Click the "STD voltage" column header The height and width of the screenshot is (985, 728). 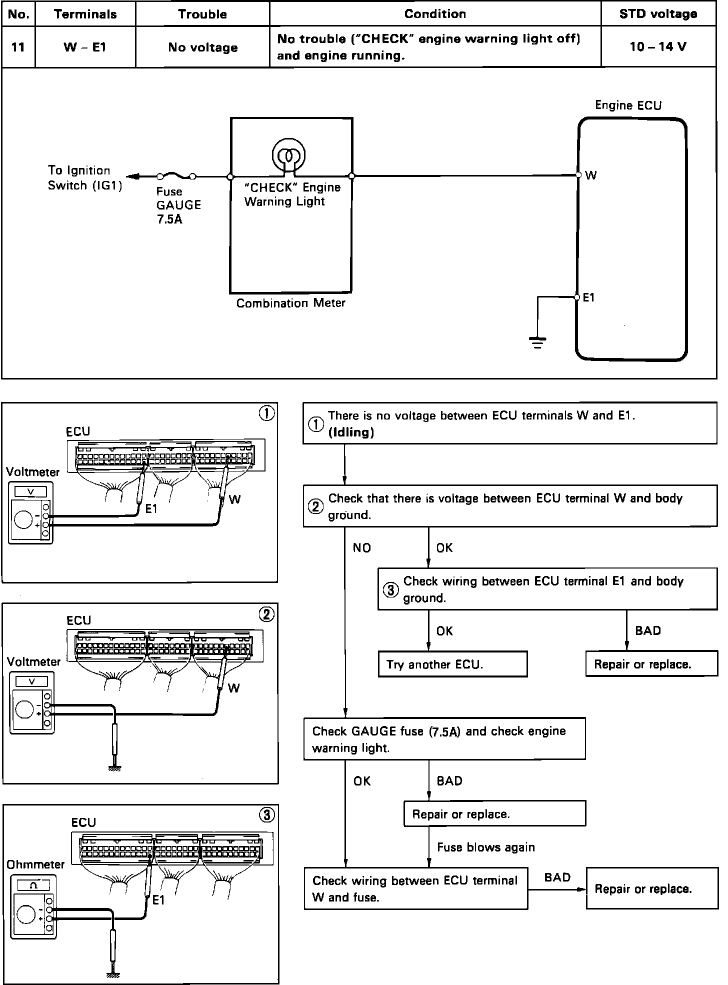pos(658,14)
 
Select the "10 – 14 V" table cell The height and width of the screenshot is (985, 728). pos(658,47)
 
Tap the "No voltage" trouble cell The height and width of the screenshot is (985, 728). pos(202,47)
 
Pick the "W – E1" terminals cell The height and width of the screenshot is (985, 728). pos(85,47)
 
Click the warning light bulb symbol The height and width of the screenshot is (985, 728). pos(288,155)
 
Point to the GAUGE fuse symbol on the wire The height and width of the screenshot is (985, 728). pos(176,176)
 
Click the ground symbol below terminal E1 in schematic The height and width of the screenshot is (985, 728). pos(537,342)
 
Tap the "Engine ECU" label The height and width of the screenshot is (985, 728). pos(628,105)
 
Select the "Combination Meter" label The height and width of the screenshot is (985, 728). pos(290,303)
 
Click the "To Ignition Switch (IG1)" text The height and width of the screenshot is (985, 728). pos(84,178)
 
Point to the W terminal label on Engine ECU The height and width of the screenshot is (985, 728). pos(590,175)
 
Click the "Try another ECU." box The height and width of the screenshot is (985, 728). pos(452,664)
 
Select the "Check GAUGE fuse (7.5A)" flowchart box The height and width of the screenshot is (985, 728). pos(444,739)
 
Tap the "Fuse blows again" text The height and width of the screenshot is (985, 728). pos(485,847)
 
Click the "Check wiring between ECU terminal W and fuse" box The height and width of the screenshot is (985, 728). pos(415,888)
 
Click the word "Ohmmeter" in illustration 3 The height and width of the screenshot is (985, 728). pos(36,864)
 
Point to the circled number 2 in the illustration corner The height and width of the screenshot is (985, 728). pos(266,614)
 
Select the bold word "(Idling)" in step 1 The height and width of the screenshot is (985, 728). pos(351,432)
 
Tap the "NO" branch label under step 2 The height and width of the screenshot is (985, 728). pos(361,548)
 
